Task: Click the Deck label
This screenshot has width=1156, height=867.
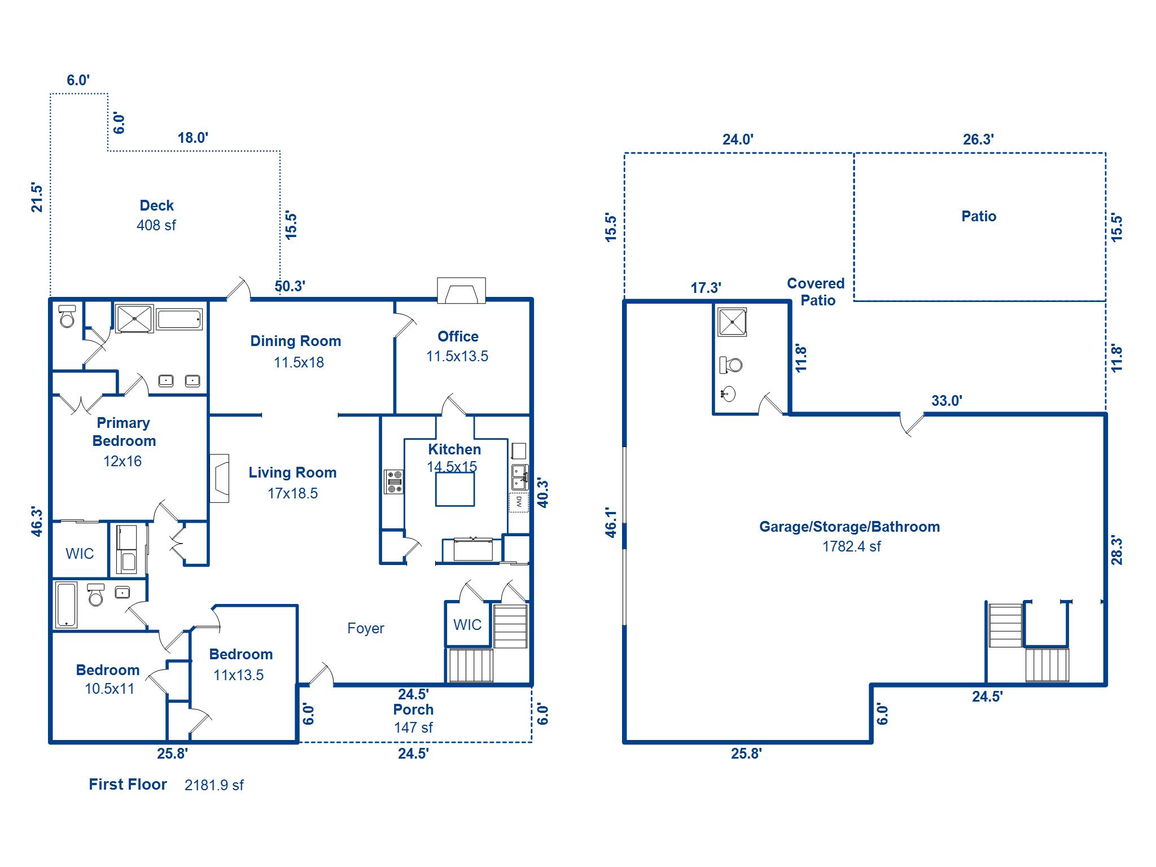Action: [156, 205]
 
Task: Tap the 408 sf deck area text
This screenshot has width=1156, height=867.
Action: [156, 225]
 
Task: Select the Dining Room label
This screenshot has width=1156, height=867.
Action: [296, 341]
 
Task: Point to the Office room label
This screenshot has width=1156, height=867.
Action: [458, 336]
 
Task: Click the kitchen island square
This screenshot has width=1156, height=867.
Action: [454, 489]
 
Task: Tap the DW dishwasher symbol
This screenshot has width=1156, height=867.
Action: [519, 502]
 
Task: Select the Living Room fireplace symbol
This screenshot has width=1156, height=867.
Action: [220, 478]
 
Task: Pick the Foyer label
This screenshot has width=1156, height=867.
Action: [366, 628]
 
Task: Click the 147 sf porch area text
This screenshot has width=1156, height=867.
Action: [413, 728]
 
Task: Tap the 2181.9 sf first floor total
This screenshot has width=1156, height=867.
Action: [214, 785]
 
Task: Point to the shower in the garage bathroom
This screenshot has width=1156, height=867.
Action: [732, 322]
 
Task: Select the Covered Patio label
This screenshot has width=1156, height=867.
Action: [816, 292]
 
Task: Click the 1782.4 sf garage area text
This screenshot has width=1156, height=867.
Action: [851, 546]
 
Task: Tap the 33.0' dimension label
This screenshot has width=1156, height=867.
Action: [947, 401]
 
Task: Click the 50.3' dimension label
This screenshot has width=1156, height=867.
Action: [290, 286]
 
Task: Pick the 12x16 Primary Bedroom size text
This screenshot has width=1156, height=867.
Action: [122, 461]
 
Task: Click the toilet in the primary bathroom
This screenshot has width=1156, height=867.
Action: [68, 317]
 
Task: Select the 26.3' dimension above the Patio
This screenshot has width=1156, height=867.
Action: [978, 139]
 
